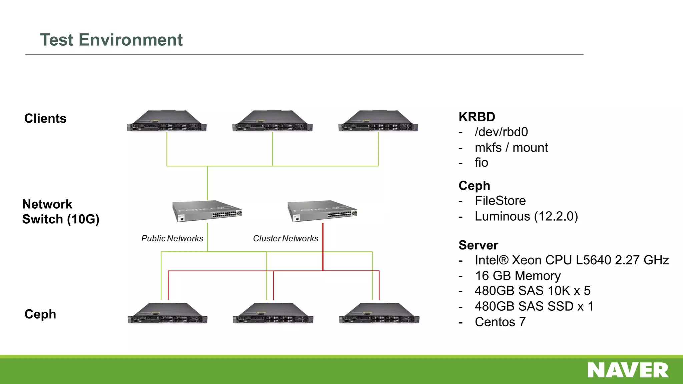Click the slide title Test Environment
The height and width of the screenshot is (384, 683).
click(111, 40)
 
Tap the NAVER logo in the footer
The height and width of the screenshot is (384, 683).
click(628, 370)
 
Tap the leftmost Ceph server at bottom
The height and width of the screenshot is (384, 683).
click(167, 314)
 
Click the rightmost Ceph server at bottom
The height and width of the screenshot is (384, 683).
click(379, 314)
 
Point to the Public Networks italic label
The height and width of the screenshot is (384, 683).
click(172, 239)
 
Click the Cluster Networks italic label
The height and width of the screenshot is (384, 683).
click(285, 239)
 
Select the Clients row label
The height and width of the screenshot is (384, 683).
click(45, 119)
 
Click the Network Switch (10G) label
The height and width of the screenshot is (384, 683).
click(61, 212)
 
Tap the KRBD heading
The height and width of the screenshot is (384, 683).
click(477, 117)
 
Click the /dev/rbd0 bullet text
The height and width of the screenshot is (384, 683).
click(501, 132)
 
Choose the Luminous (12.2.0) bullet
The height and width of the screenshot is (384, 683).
click(526, 216)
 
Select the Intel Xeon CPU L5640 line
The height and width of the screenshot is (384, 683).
click(572, 260)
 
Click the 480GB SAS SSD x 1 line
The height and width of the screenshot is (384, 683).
click(534, 306)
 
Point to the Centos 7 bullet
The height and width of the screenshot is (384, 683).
click(500, 322)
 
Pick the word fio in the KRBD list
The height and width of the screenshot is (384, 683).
click(481, 163)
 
